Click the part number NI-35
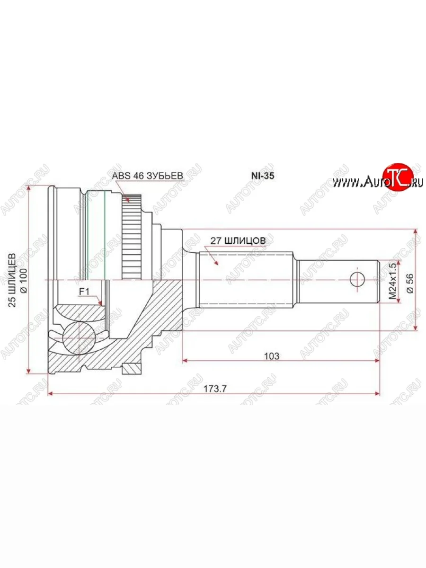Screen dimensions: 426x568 click(x=263, y=176)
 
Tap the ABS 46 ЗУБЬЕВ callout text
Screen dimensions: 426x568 click(x=147, y=176)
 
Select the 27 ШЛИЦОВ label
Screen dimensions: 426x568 click(x=238, y=240)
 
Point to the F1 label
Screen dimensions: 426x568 click(x=84, y=292)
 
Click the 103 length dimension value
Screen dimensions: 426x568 click(x=272, y=356)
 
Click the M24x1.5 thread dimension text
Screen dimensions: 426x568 click(x=393, y=281)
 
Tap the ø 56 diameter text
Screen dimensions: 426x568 click(x=410, y=283)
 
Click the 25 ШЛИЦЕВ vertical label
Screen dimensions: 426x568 click(x=12, y=280)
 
